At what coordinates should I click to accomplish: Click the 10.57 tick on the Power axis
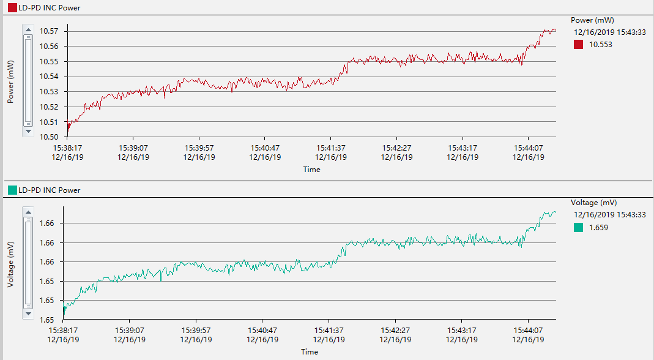pyautogui.click(x=50, y=31)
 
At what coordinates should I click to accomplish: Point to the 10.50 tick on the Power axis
pyautogui.click(x=50, y=137)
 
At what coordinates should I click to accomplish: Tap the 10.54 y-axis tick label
pyautogui.click(x=50, y=77)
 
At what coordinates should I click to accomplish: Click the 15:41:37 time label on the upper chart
pyautogui.click(x=331, y=148)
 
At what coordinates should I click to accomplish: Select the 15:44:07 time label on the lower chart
pyautogui.click(x=528, y=330)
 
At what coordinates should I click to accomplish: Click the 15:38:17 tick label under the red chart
pyautogui.click(x=68, y=148)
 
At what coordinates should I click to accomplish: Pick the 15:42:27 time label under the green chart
pyautogui.click(x=395, y=330)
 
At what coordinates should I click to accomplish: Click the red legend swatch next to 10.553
pyautogui.click(x=578, y=45)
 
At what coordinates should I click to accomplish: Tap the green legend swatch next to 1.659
pyautogui.click(x=578, y=228)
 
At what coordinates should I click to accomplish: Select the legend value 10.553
pyautogui.click(x=600, y=45)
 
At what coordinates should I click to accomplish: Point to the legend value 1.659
pyautogui.click(x=598, y=228)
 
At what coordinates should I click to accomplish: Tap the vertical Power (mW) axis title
pyautogui.click(x=10, y=81)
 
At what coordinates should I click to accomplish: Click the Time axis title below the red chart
pyautogui.click(x=311, y=170)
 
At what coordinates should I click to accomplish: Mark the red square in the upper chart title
pyautogui.click(x=12, y=8)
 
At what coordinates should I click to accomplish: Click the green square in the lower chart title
pyautogui.click(x=12, y=190)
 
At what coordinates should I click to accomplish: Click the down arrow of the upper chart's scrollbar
pyautogui.click(x=28, y=131)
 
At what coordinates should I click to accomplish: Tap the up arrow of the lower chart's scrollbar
pyautogui.click(x=28, y=212)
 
